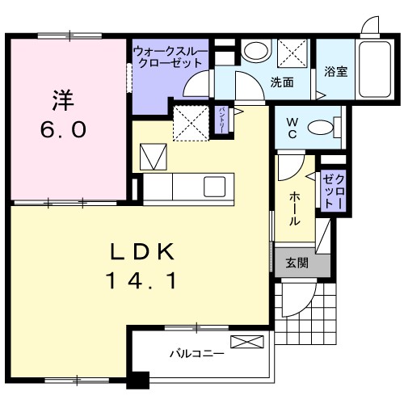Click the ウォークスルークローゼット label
click(170, 57)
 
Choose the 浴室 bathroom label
click(335, 69)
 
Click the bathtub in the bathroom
click(373, 69)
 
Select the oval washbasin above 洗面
click(256, 52)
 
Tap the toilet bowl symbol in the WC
click(325, 127)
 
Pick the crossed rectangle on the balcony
click(246, 342)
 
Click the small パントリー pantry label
click(224, 119)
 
